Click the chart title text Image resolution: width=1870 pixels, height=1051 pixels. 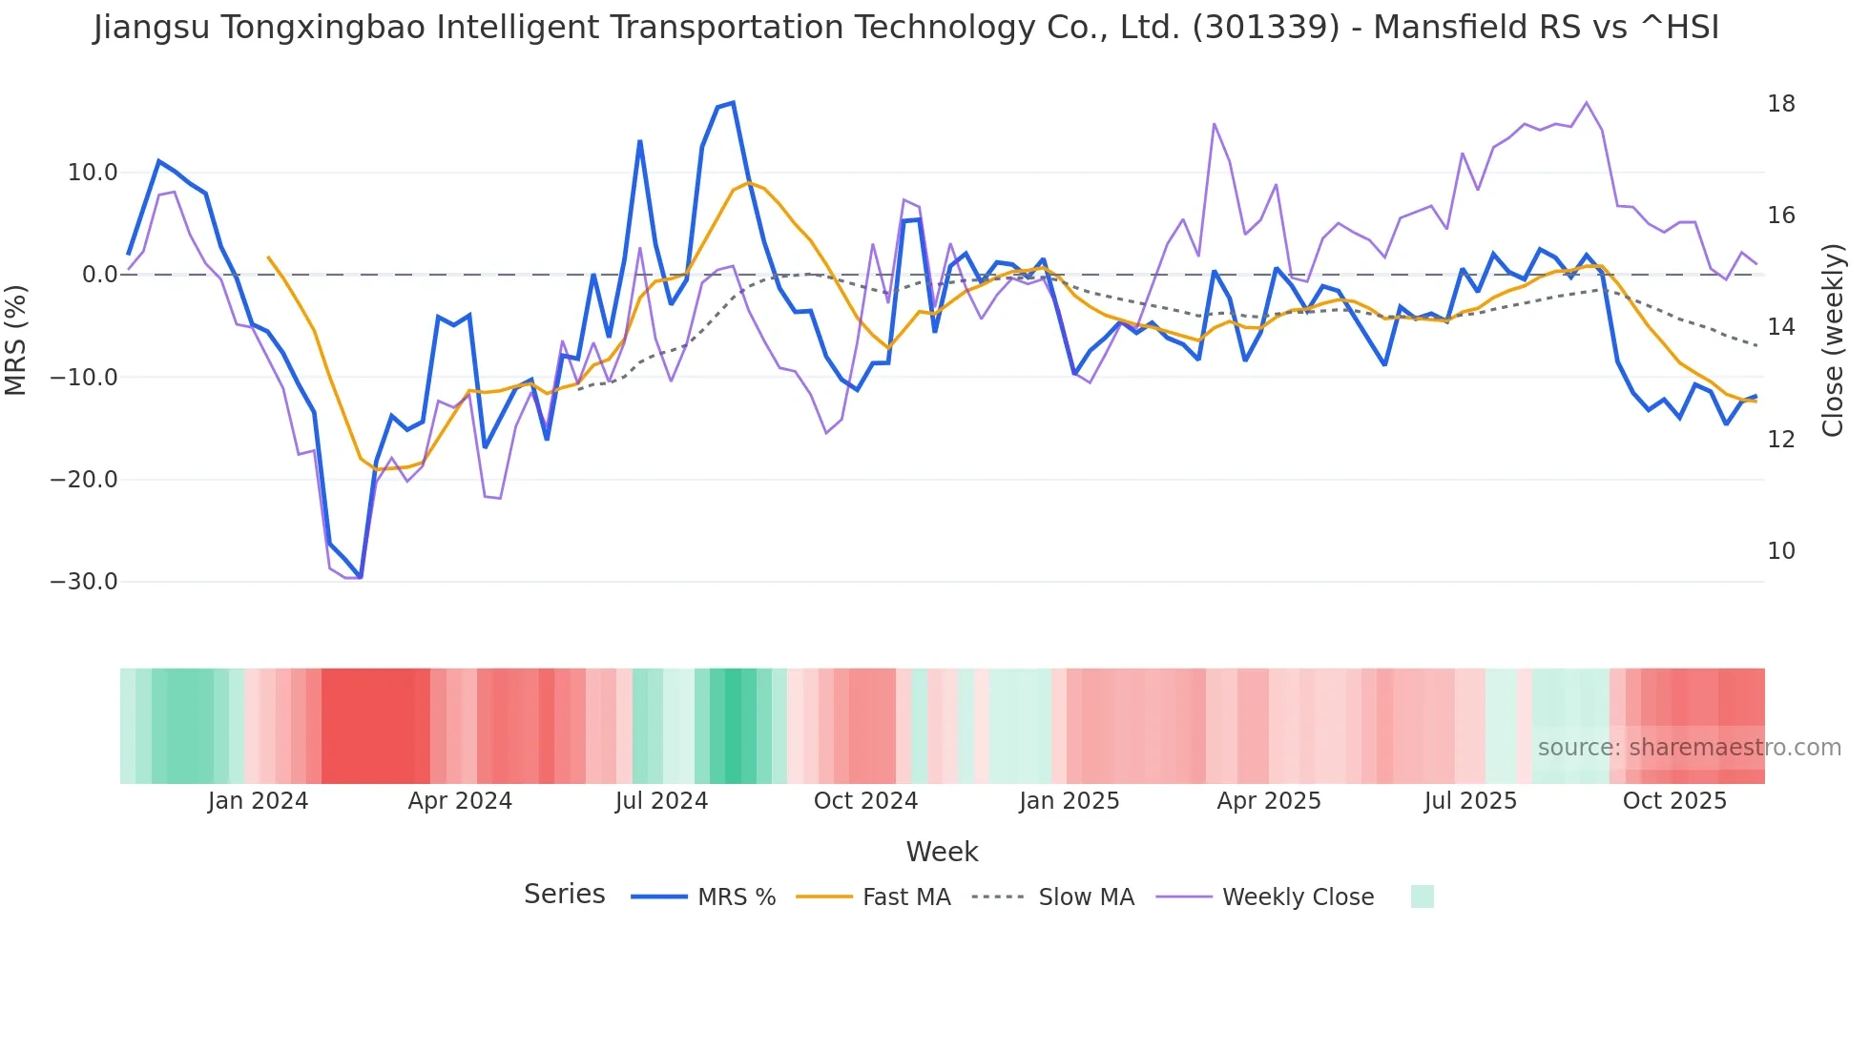click(x=906, y=28)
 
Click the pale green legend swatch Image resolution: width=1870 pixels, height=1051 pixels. click(x=1422, y=896)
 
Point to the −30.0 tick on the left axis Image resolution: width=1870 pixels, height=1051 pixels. click(x=84, y=582)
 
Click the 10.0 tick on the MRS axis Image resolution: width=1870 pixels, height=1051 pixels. click(x=92, y=173)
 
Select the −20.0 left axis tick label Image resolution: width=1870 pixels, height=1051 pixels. click(x=84, y=480)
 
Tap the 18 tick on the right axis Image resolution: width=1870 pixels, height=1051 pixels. click(x=1780, y=104)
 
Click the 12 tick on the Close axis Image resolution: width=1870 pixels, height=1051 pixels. click(x=1780, y=440)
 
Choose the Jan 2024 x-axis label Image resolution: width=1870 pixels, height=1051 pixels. click(x=258, y=801)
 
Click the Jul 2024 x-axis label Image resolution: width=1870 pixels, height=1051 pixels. click(x=661, y=801)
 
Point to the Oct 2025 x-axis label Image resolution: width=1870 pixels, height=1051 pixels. click(x=1674, y=801)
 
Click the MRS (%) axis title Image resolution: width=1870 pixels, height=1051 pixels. click(x=16, y=340)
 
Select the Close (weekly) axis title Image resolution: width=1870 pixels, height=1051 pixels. click(x=1833, y=340)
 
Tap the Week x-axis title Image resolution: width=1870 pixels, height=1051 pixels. click(x=942, y=852)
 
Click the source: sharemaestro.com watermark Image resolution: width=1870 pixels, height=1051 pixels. click(x=1689, y=748)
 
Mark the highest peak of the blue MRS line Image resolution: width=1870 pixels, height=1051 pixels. click(x=733, y=102)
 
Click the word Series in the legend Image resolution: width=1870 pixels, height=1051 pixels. click(x=564, y=895)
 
